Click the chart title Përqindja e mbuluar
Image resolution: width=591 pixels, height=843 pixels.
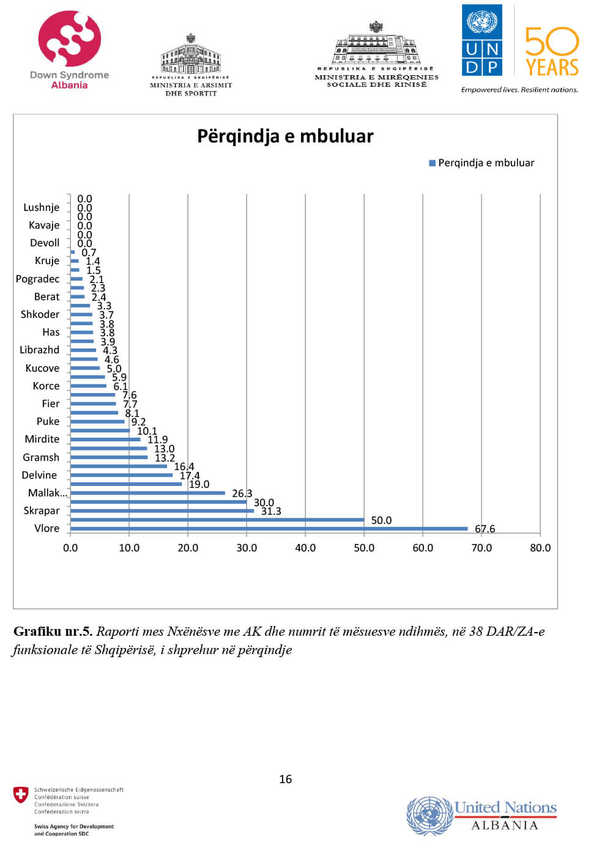click(x=285, y=136)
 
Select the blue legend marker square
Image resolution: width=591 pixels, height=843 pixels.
click(x=432, y=163)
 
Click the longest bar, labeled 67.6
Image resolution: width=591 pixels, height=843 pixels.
click(x=269, y=529)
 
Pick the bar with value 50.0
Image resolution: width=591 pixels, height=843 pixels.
click(x=217, y=520)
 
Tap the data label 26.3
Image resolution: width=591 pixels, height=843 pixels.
click(x=242, y=493)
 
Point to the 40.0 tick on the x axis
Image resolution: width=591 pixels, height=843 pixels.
click(x=305, y=548)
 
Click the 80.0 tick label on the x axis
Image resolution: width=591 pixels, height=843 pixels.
click(x=540, y=548)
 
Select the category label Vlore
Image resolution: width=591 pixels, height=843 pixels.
click(x=46, y=528)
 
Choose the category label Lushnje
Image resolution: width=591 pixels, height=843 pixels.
click(x=42, y=207)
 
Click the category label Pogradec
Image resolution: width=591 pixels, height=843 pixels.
click(x=38, y=279)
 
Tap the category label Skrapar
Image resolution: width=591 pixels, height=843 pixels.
click(x=42, y=510)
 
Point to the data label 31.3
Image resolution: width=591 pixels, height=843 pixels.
click(x=271, y=511)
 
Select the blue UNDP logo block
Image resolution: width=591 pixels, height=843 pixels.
click(x=481, y=40)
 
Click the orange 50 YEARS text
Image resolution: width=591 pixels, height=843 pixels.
click(x=552, y=52)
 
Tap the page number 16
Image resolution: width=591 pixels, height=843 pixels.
click(x=285, y=779)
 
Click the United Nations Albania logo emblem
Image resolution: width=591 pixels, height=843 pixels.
click(x=429, y=815)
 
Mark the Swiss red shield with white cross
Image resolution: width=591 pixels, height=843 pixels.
click(x=21, y=795)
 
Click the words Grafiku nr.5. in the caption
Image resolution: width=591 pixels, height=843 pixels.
click(x=53, y=631)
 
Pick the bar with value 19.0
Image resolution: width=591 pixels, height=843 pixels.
click(x=126, y=484)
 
